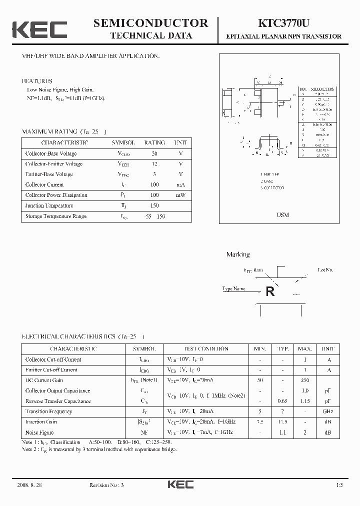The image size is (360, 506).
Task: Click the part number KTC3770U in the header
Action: (x=283, y=23)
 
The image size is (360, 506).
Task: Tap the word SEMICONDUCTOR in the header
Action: (x=151, y=23)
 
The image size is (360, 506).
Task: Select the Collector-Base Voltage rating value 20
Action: (x=154, y=153)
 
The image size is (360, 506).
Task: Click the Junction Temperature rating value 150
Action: (x=154, y=205)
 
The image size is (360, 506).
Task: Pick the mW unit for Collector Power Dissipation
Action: (x=180, y=195)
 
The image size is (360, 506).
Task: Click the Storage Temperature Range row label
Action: (x=56, y=216)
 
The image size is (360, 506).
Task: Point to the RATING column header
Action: (x=154, y=142)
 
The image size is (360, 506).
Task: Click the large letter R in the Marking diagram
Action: (x=270, y=291)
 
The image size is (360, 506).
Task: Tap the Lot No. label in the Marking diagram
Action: (x=325, y=269)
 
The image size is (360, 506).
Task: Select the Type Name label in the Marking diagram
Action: (x=234, y=288)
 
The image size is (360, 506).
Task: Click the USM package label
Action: (x=282, y=214)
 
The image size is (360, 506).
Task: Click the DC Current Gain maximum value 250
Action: (x=304, y=380)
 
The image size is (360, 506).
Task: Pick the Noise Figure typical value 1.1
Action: (x=283, y=432)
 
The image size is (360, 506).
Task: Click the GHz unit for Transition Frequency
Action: (x=328, y=411)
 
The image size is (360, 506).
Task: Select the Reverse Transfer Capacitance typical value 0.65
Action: (x=283, y=401)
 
